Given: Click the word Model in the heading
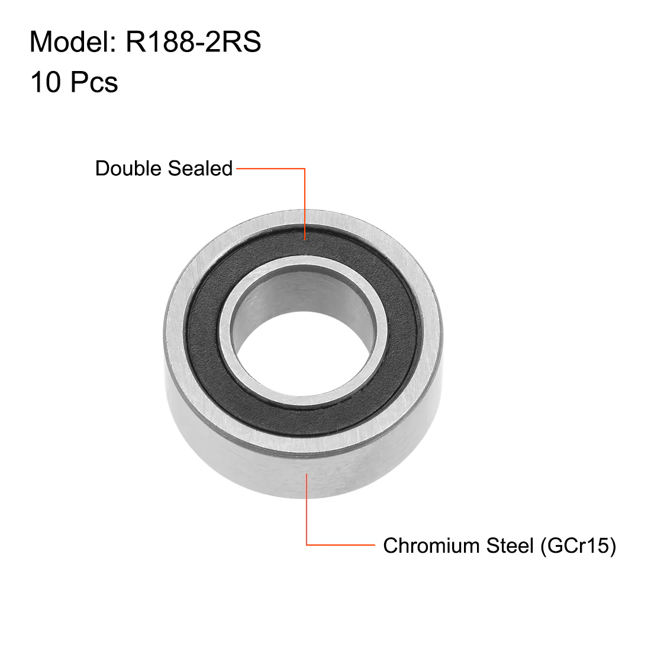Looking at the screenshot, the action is pos(73,41).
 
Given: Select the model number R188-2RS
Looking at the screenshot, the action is pos(194,41).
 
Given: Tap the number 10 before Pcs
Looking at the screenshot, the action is pos(46,82).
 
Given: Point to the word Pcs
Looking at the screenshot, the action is pos(94,82).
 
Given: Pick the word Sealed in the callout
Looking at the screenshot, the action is pos(200,168).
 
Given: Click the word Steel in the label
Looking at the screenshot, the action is pos(510,545).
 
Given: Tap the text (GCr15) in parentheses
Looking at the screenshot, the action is pos(578,546).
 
